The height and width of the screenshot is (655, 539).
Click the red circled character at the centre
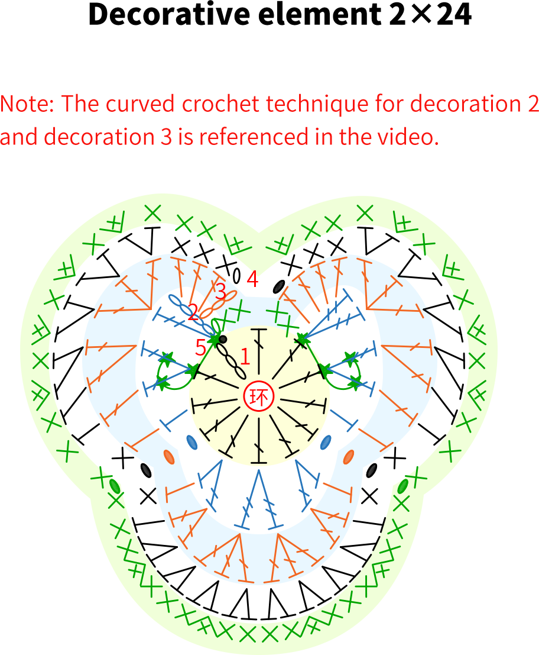click(259, 396)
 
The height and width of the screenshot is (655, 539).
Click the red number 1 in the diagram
click(245, 357)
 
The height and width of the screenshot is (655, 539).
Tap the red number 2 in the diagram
click(192, 312)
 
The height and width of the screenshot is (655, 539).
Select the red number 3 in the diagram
click(220, 291)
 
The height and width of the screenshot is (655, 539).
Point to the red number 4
click(252, 279)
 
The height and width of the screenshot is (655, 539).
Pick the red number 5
click(201, 347)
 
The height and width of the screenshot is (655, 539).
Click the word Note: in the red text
click(27, 104)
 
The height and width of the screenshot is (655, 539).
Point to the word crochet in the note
click(220, 104)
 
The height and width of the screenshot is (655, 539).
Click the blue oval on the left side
click(191, 443)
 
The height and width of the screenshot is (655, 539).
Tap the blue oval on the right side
click(326, 442)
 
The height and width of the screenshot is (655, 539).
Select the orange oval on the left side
click(169, 457)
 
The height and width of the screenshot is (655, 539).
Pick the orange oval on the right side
click(348, 457)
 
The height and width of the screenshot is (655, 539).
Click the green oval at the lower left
click(115, 486)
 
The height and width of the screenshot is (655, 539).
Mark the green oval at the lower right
click(402, 486)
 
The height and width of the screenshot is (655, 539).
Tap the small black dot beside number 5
click(223, 339)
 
